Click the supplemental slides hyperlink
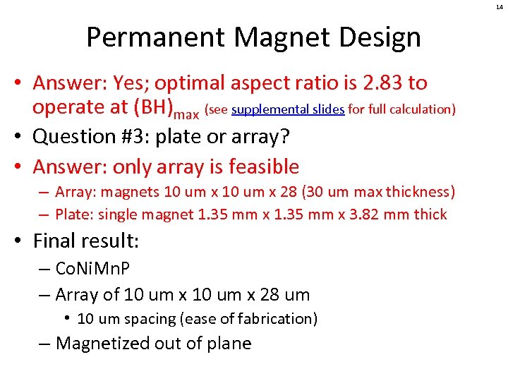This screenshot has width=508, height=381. [287, 109]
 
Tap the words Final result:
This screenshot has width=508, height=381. [86, 241]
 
